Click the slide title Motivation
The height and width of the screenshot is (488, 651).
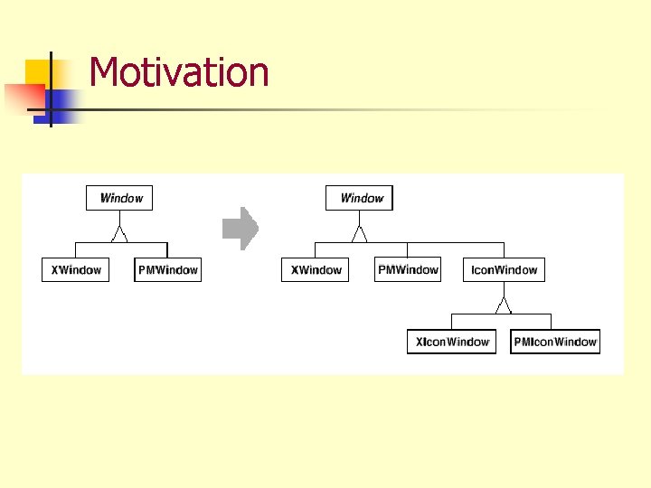[x=179, y=72]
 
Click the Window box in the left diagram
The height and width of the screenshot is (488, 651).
[x=120, y=198]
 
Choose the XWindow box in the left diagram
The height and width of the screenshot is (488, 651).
[x=75, y=269]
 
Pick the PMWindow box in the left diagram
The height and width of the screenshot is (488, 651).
[x=168, y=269]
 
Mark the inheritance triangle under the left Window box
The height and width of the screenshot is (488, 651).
[x=119, y=234]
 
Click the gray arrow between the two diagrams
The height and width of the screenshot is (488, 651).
[x=241, y=229]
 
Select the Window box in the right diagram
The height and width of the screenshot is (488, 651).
[x=361, y=198]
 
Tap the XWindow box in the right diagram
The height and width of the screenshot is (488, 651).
[x=316, y=269]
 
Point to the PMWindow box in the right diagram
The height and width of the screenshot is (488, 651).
[x=408, y=269]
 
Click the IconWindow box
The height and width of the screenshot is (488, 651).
[x=504, y=269]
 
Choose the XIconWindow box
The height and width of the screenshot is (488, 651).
[x=452, y=342]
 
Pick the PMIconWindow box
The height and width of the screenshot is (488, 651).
[x=555, y=342]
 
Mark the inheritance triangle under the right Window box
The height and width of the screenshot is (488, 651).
[x=360, y=234]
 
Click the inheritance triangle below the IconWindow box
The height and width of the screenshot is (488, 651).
[x=504, y=304]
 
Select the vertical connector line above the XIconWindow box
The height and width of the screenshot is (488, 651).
[x=451, y=322]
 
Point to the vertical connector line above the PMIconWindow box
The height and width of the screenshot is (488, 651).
[x=552, y=322]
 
